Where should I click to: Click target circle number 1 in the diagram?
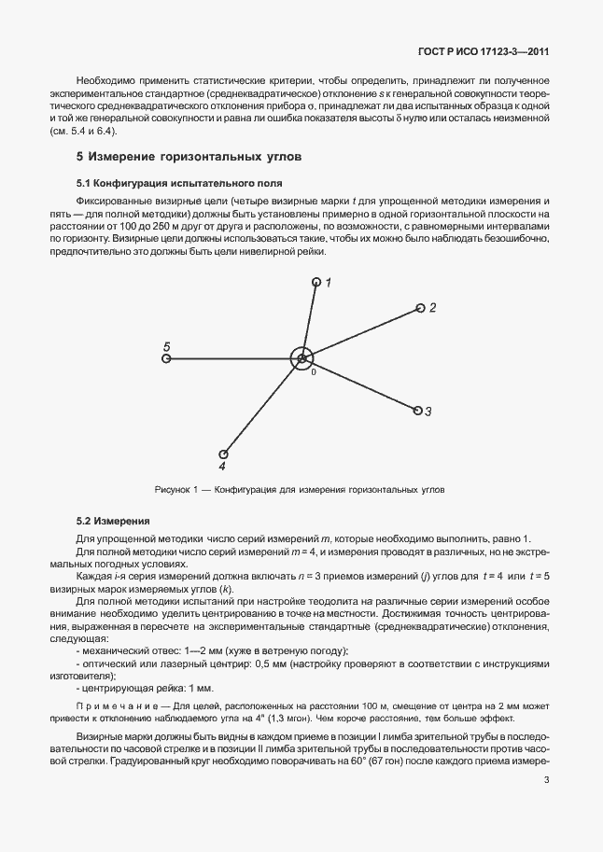coord(316,282)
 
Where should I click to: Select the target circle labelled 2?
coord(420,308)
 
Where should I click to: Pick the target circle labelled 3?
coord(416,409)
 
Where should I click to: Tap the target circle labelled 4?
coord(223,454)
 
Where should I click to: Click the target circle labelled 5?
coord(166,357)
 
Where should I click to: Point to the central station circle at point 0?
coord(301,357)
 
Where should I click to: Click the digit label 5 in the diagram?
coord(166,343)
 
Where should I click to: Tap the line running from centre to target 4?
coord(261,407)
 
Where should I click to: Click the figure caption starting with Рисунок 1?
coord(300,489)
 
